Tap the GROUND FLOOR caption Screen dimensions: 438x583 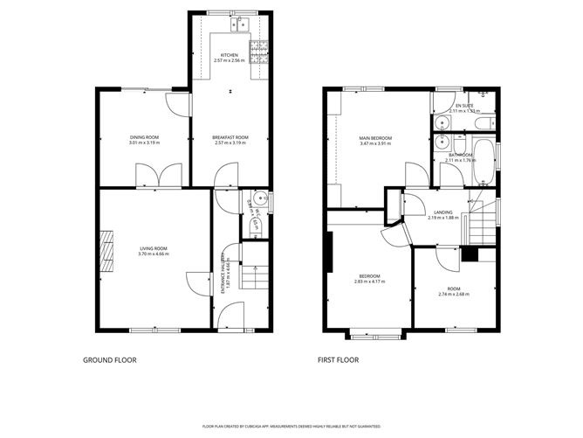click(x=109, y=359)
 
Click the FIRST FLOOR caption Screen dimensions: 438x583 click(x=339, y=359)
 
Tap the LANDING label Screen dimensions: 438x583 click(x=443, y=212)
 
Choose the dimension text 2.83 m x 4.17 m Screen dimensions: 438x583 click(x=367, y=282)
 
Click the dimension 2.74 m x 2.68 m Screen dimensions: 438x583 click(x=454, y=295)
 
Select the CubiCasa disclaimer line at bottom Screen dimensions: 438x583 click(x=291, y=426)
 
